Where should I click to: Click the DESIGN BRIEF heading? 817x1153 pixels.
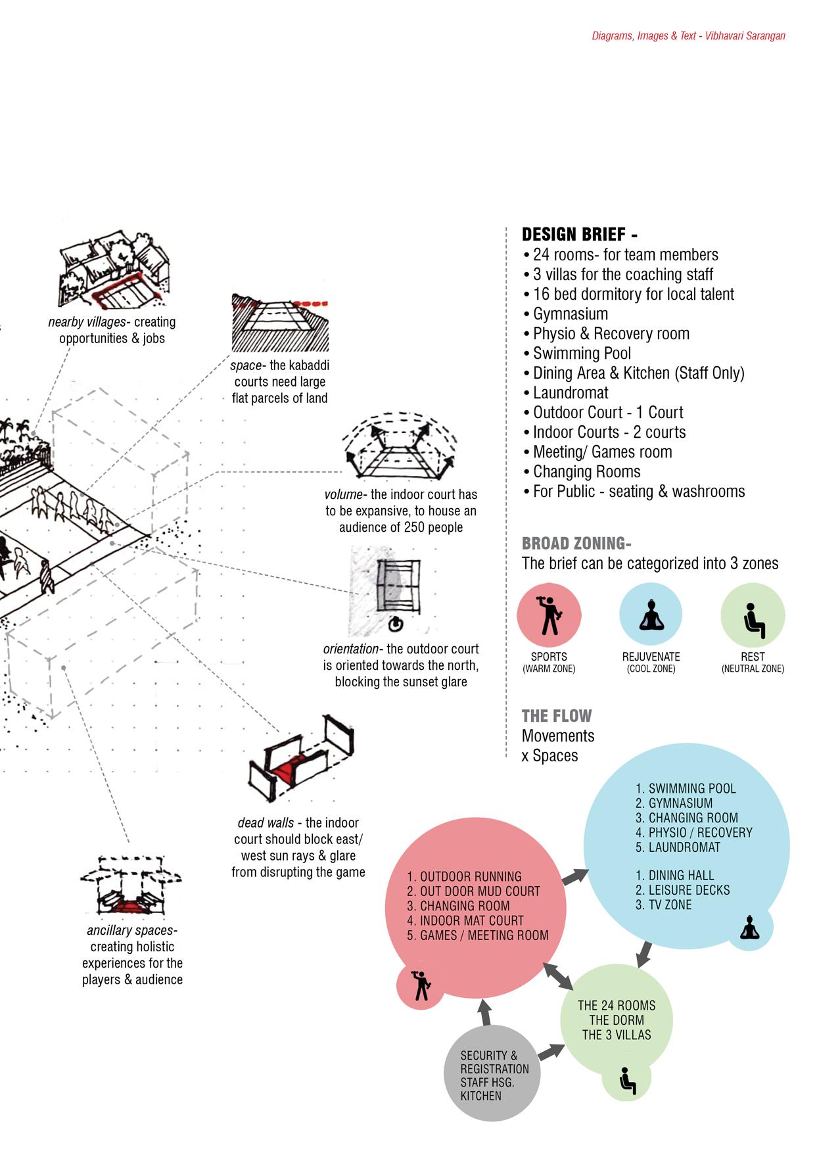[579, 235]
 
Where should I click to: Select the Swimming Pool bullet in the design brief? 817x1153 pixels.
[581, 354]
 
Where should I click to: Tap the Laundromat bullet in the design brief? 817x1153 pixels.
[570, 393]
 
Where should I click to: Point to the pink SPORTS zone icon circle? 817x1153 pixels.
[549, 615]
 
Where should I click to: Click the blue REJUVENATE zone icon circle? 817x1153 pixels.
[651, 615]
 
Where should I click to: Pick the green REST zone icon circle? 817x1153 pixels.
[753, 615]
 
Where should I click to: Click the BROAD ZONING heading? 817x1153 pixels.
[576, 544]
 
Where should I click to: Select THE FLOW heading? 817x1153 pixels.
[556, 716]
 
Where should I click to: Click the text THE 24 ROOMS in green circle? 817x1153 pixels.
[617, 1006]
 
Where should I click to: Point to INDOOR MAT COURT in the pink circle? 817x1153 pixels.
[471, 921]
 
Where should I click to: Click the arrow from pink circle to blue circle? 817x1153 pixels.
[575, 876]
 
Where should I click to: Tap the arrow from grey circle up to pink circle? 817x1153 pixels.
[485, 1012]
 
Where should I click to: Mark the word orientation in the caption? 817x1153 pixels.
[351, 649]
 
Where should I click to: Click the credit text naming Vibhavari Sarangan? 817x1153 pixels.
[688, 36]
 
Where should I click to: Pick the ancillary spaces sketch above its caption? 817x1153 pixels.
[131, 885]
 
